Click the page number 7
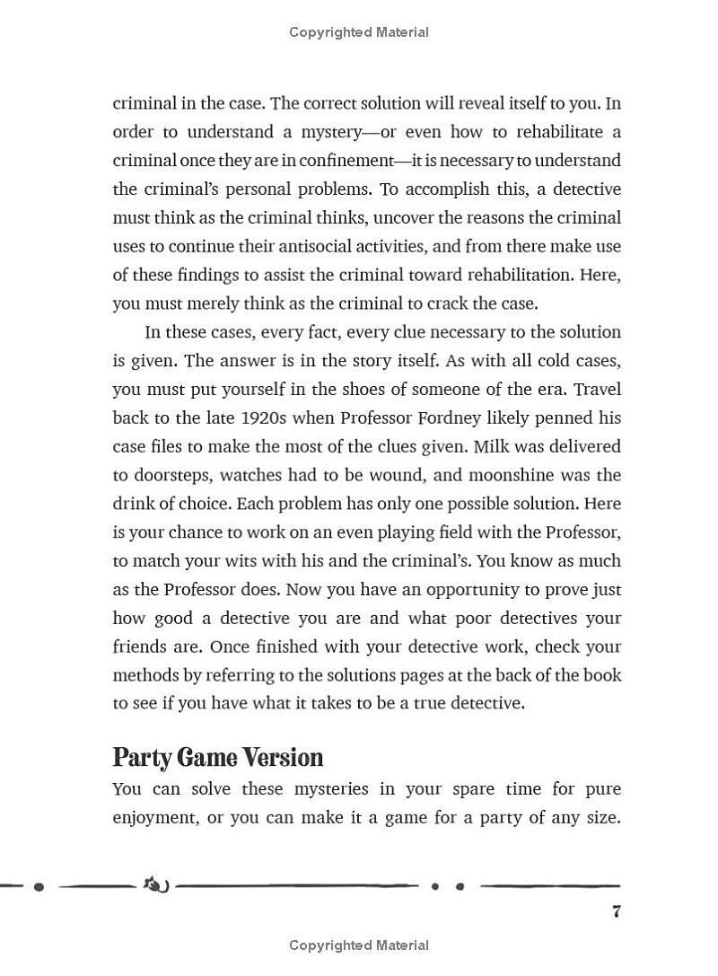tap(616, 911)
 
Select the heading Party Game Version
tap(217, 758)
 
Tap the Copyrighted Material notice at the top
tap(359, 32)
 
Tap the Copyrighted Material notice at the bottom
tap(359, 945)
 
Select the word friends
tap(140, 646)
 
